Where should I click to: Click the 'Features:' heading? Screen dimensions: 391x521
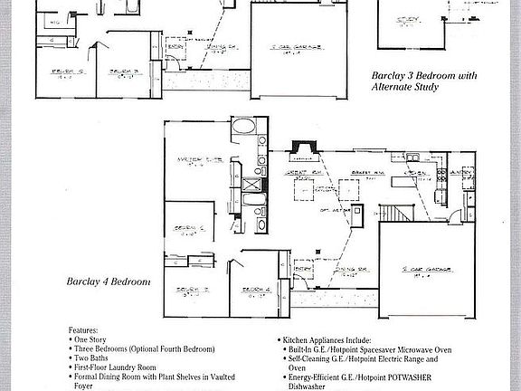[x=85, y=332]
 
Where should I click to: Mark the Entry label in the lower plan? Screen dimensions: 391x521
[x=303, y=267]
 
